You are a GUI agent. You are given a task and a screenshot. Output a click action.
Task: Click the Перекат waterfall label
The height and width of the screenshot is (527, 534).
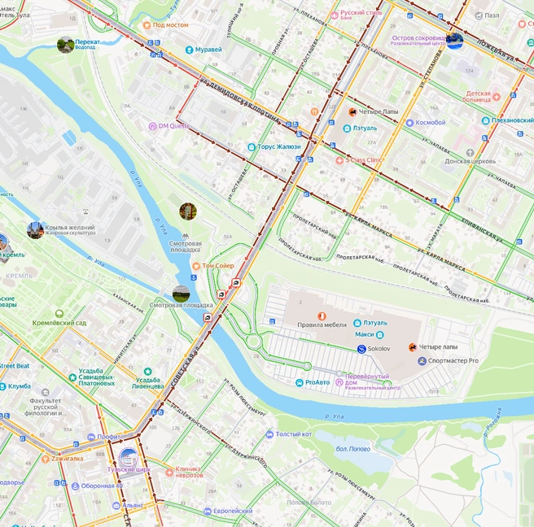pos(88,42)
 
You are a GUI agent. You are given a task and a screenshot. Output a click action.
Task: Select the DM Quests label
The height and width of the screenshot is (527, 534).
pos(173,126)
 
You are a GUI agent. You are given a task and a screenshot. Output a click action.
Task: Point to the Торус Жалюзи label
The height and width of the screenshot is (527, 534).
pos(278,147)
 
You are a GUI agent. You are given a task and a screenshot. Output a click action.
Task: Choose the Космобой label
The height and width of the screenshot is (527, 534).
pos(430,123)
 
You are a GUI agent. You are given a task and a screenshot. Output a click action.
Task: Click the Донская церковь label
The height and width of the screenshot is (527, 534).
pos(470,161)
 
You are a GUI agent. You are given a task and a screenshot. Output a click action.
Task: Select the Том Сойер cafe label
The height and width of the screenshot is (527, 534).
pos(217,266)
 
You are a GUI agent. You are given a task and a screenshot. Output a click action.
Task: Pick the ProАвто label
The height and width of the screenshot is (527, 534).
pos(317,382)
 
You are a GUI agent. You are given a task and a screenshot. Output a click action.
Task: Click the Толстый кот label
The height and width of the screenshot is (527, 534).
pos(293,434)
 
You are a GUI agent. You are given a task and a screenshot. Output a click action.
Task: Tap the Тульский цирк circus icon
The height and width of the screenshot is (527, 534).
pos(128,457)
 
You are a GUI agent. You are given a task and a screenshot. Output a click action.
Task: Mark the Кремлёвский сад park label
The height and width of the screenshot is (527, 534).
pos(59,323)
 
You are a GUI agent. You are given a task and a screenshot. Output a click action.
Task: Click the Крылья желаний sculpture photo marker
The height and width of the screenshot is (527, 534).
pos(35,230)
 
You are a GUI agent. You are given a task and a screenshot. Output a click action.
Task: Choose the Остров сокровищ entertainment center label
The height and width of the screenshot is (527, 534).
pos(419,37)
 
